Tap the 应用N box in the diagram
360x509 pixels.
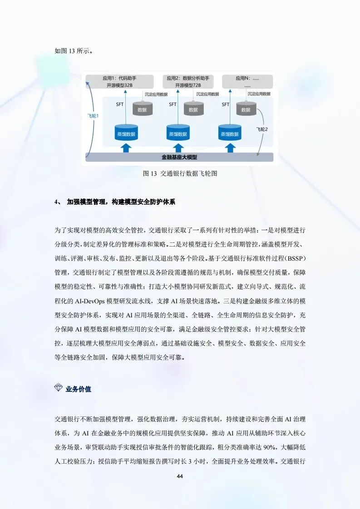pyautogui.click(x=247, y=82)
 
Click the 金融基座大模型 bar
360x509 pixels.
pyautogui.click(x=179, y=158)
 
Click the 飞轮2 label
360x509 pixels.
pyautogui.click(x=262, y=129)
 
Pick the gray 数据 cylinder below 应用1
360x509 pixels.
pyautogui.click(x=142, y=109)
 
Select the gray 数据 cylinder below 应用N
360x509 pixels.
pyautogui.click(x=246, y=109)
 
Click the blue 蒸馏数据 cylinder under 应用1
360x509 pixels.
pyautogui.click(x=126, y=133)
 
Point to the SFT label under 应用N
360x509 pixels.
pyautogui.click(x=225, y=104)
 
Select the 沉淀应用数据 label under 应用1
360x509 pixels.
pyautogui.click(x=156, y=94)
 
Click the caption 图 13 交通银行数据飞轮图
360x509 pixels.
pyautogui.click(x=180, y=174)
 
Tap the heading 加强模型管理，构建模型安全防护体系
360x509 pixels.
pyautogui.click(x=120, y=202)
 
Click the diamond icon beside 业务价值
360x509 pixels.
pyautogui.click(x=59, y=389)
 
